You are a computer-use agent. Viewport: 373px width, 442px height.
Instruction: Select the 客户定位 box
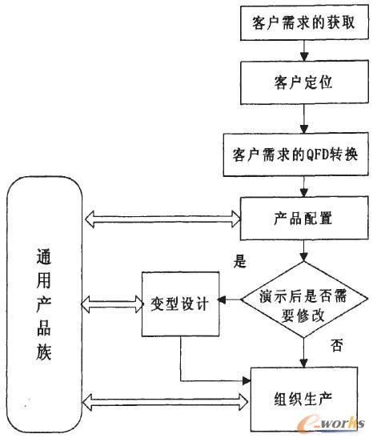click(x=303, y=81)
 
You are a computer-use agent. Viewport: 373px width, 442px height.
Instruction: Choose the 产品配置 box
click(x=303, y=217)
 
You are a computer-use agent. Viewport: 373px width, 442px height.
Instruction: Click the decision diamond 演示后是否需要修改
click(x=303, y=302)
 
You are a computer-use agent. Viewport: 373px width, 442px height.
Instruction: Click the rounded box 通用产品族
click(x=44, y=305)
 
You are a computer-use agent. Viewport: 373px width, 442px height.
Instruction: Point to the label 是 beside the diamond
click(x=238, y=261)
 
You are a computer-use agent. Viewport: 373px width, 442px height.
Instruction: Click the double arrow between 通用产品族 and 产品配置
click(x=165, y=217)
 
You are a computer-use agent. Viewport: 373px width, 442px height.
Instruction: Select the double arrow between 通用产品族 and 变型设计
click(x=112, y=304)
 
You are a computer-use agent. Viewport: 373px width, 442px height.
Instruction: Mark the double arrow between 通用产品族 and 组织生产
click(x=165, y=396)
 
